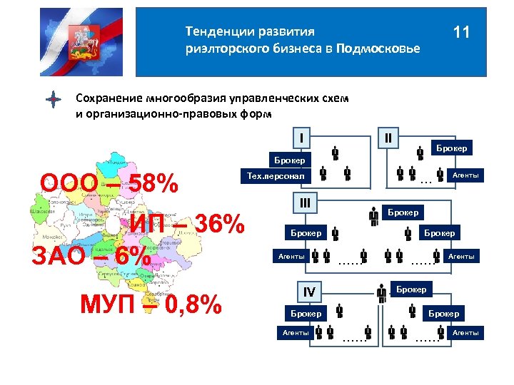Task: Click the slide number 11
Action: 461,33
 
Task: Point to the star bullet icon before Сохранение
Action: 52,101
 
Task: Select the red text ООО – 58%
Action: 109,184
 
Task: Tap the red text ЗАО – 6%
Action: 91,256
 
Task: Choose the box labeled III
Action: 305,202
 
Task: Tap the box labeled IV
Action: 309,292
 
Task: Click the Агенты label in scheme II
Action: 465,175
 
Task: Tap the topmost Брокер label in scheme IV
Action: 411,289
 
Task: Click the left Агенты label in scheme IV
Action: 295,332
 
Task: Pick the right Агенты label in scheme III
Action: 460,256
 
